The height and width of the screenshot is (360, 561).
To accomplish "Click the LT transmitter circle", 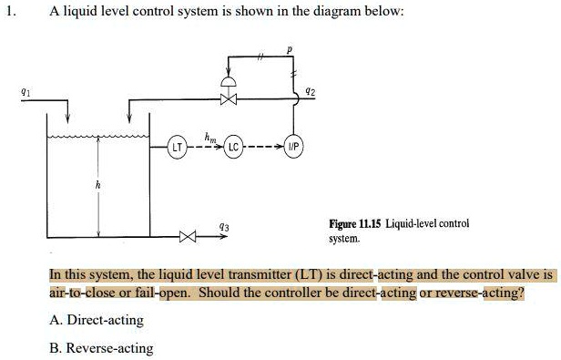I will [180, 147].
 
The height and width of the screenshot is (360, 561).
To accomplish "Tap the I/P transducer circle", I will [294, 147].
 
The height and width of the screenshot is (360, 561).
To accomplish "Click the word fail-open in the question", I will [161, 293].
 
